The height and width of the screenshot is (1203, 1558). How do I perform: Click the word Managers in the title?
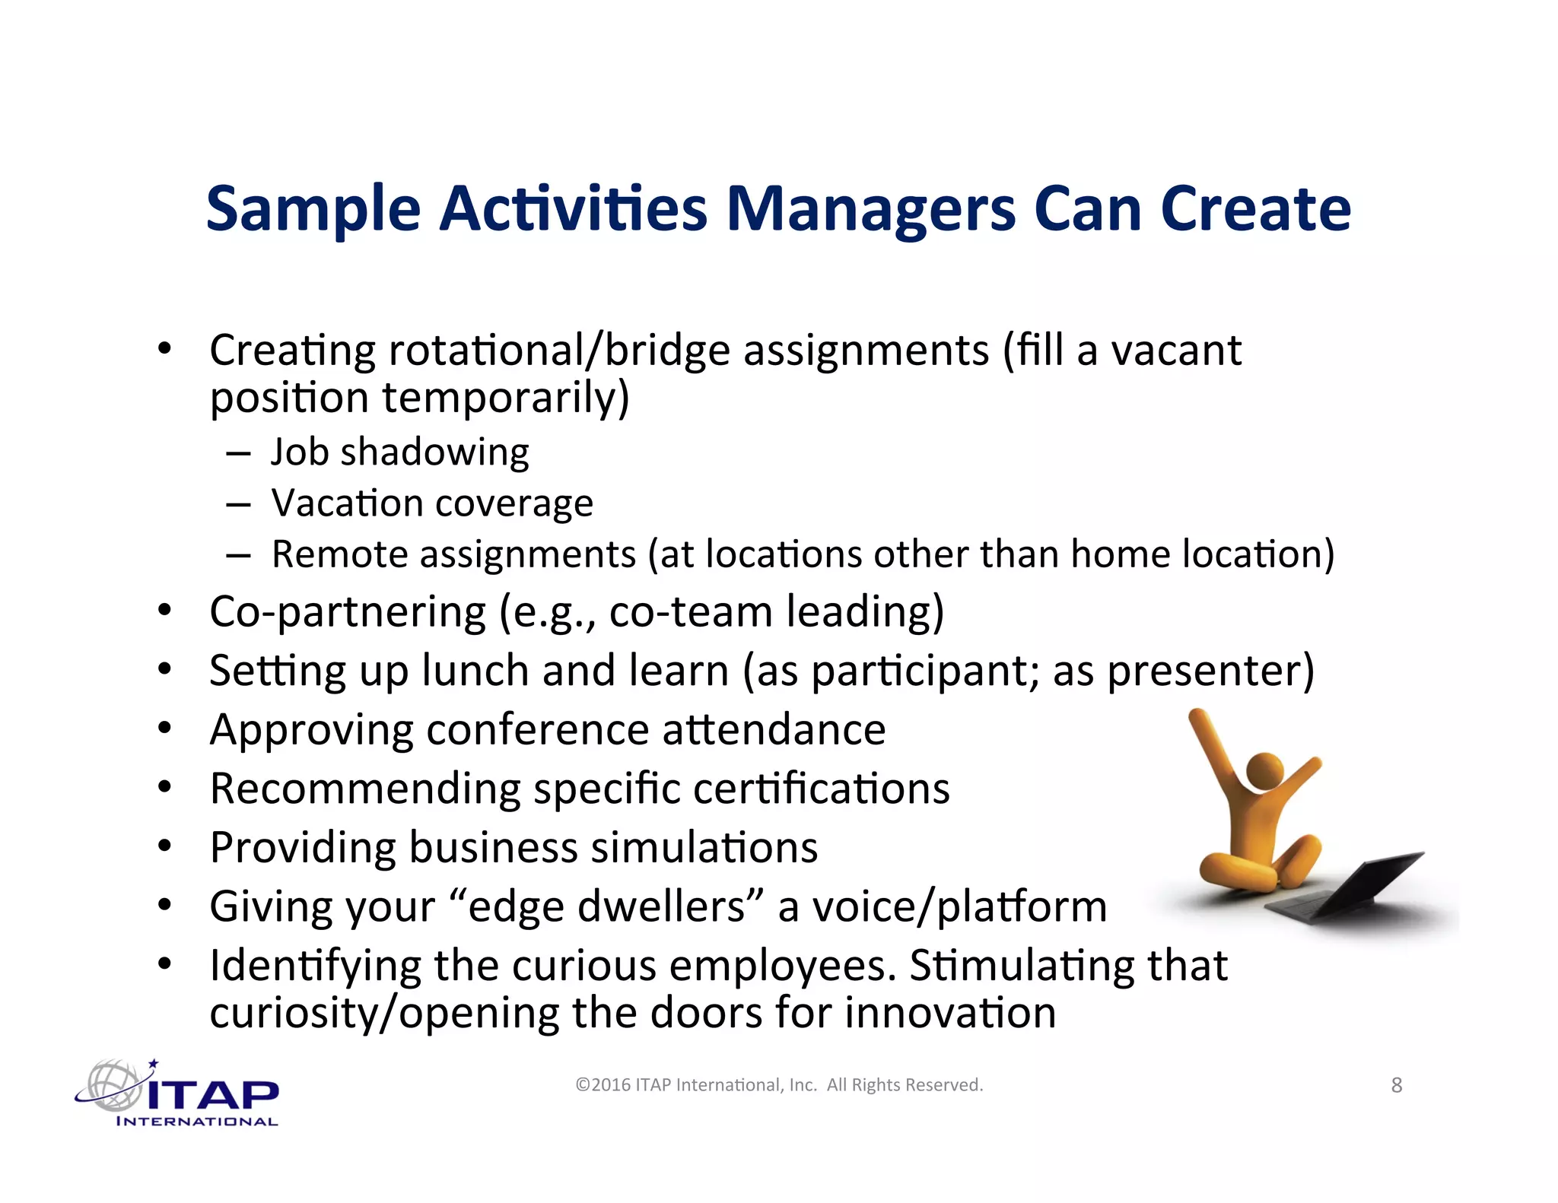click(x=870, y=210)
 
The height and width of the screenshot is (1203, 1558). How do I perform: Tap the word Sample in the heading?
click(x=313, y=210)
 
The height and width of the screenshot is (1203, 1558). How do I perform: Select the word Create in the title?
click(x=1255, y=208)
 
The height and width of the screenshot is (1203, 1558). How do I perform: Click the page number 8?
click(x=1396, y=1085)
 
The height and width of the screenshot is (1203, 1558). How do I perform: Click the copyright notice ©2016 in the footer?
click(x=603, y=1085)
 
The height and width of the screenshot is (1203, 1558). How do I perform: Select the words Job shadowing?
click(x=399, y=452)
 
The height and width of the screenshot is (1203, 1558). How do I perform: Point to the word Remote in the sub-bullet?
click(x=340, y=554)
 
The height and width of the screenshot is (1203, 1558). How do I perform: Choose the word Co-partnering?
click(x=347, y=612)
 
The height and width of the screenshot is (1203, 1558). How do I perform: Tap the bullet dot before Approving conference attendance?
click(x=164, y=728)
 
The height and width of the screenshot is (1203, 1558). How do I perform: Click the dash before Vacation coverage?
click(x=238, y=504)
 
